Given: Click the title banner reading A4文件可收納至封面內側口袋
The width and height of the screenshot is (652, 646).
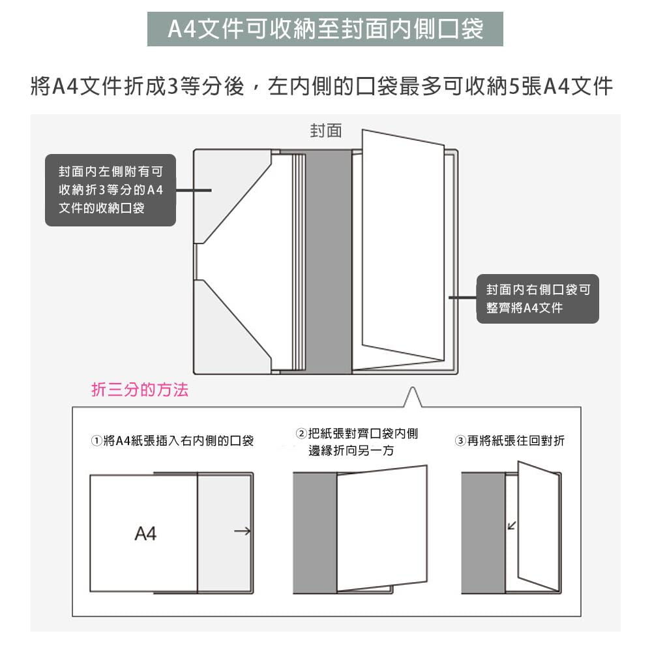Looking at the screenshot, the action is [x=325, y=29].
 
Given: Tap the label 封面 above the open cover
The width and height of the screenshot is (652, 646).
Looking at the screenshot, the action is [x=325, y=131].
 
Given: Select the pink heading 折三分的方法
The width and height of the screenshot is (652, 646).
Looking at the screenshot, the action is [x=140, y=390].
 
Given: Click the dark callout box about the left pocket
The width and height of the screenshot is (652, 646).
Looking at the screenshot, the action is [x=110, y=190].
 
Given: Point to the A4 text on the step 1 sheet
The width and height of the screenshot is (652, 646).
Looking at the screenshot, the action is [x=145, y=534].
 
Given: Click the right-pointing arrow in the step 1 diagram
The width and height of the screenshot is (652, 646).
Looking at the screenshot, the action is [x=242, y=532].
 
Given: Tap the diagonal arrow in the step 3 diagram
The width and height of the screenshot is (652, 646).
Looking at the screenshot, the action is [x=512, y=525].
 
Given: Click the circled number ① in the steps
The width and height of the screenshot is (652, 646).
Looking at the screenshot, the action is [x=96, y=442].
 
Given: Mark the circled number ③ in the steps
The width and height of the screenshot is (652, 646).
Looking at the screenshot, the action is [x=460, y=442].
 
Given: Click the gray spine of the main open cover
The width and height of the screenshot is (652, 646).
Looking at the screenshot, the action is [x=327, y=261].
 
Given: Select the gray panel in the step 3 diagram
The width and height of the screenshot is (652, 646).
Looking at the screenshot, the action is [x=482, y=532].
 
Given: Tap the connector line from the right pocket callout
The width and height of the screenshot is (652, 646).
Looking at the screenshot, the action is [x=464, y=298].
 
